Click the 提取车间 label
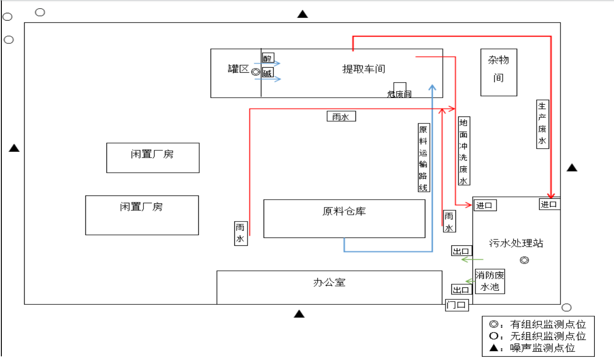click(364, 69)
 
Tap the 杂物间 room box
click(498, 72)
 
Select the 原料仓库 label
click(344, 212)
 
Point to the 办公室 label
click(329, 282)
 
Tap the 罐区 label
click(238, 69)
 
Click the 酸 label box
click(268, 58)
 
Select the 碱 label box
click(267, 73)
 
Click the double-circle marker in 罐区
click(255, 72)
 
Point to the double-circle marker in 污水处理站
click(524, 260)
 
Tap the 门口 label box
click(457, 305)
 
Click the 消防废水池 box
click(490, 281)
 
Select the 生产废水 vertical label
click(542, 124)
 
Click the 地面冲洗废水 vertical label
click(464, 151)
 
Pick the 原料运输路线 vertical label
click(423, 157)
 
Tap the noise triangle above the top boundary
click(302, 14)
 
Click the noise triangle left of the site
click(14, 148)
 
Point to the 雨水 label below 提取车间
click(341, 116)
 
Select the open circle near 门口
click(566, 307)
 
